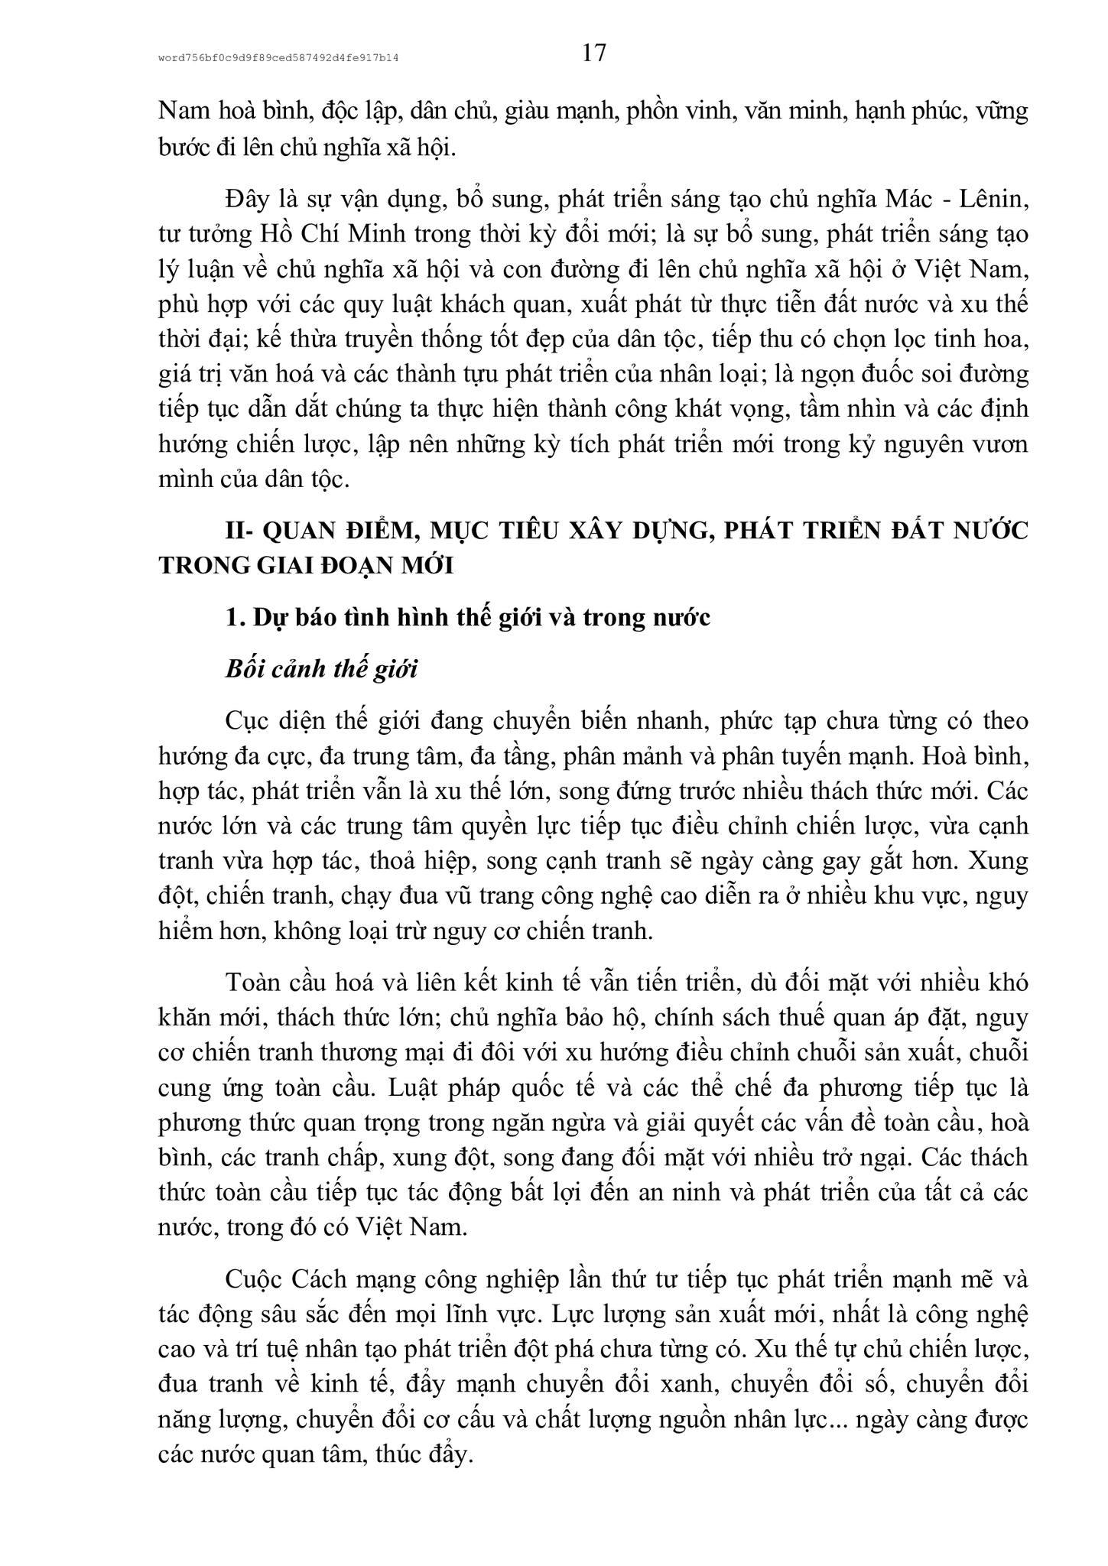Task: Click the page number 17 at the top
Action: pos(593,53)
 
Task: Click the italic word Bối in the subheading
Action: pos(244,669)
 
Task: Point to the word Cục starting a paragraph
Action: pos(246,721)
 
